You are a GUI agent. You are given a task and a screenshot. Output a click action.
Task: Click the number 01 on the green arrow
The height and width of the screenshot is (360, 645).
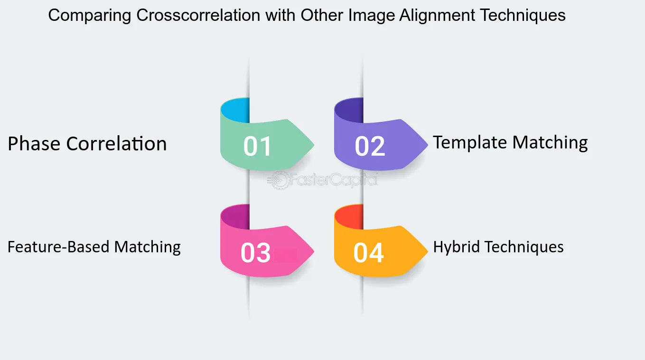tap(257, 146)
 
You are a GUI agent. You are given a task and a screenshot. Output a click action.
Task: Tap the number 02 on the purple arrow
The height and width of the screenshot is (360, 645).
tap(370, 146)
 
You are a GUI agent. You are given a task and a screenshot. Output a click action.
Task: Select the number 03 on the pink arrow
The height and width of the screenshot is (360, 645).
tap(255, 253)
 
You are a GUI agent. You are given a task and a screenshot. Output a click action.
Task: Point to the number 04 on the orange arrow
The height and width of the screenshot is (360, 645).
tap(369, 253)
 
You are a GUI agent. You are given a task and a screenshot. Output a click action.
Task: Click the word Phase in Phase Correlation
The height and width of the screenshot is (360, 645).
tap(34, 143)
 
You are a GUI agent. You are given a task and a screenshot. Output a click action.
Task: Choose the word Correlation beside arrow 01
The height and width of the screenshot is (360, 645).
tap(117, 143)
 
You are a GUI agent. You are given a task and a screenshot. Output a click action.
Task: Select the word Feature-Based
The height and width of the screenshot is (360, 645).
tap(58, 247)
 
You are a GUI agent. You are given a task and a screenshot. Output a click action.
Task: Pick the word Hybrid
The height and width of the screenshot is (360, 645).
tap(456, 247)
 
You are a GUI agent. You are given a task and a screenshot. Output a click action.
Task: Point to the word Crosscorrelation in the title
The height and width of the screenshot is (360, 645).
tap(198, 15)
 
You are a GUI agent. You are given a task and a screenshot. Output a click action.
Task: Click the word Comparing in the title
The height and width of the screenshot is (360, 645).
tap(90, 16)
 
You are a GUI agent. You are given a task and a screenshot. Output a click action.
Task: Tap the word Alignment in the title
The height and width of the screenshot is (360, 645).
tap(437, 16)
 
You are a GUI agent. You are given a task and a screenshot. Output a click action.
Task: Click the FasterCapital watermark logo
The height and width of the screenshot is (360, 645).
tap(322, 180)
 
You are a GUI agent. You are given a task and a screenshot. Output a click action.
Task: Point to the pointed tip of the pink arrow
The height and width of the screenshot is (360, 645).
tap(314, 251)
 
